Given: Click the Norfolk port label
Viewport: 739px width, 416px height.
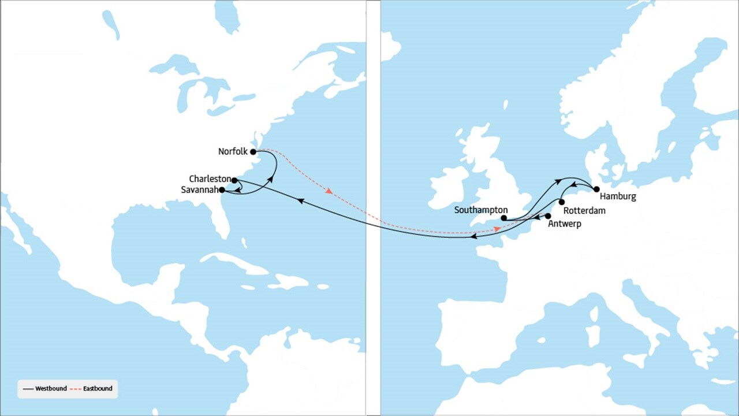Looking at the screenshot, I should [x=233, y=152].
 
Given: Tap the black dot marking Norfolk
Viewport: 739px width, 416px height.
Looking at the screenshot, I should [x=253, y=152].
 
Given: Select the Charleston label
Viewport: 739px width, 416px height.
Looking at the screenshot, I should [x=210, y=179].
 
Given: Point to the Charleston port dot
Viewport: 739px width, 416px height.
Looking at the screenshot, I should [x=234, y=181].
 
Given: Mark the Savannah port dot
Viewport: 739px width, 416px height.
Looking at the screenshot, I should [x=222, y=190].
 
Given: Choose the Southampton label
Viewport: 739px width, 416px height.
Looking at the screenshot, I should [x=481, y=210].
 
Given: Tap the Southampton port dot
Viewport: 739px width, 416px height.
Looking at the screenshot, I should [x=504, y=218].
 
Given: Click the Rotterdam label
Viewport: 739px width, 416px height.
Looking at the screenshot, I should [x=584, y=211].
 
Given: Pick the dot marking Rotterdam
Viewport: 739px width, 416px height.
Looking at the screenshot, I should [x=562, y=202].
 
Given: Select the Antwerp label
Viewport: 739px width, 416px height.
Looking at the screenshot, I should [x=564, y=224].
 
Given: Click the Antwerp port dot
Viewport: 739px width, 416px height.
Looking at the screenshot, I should [x=548, y=216].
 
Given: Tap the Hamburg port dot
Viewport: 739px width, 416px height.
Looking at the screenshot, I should [x=596, y=189].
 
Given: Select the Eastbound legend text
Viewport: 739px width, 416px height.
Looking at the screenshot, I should [x=98, y=389].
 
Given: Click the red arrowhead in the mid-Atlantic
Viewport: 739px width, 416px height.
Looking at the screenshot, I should [x=329, y=191].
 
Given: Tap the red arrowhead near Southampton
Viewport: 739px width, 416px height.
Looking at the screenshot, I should [x=497, y=229].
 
